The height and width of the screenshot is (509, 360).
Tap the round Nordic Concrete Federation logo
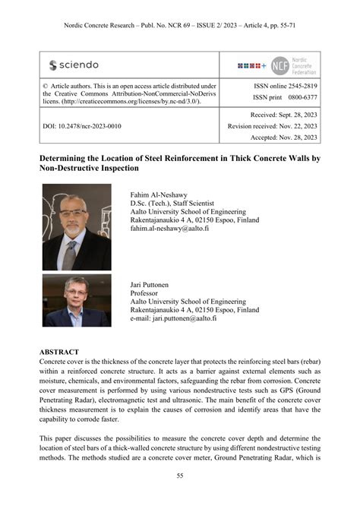(x=280, y=65)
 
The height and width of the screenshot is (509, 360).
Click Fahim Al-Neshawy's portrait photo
(x=76, y=227)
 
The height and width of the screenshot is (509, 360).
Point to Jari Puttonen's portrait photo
(x=76, y=300)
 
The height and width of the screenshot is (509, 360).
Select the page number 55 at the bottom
(x=180, y=476)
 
